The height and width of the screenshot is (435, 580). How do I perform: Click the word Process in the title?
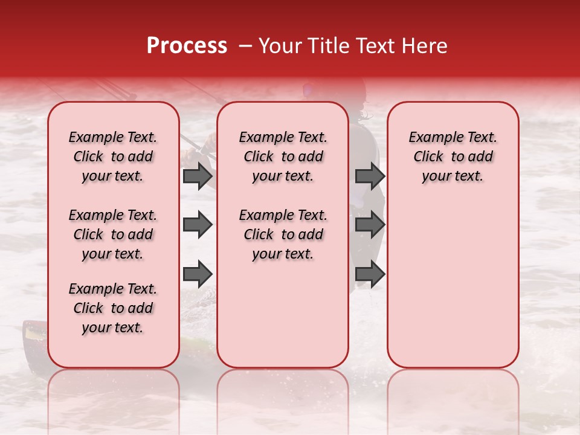click(x=186, y=46)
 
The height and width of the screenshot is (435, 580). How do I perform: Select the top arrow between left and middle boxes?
click(x=198, y=176)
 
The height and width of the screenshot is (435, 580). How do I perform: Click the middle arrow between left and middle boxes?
click(x=198, y=225)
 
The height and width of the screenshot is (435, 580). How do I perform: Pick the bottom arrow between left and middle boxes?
click(x=198, y=274)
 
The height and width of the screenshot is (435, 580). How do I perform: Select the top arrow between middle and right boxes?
click(x=370, y=176)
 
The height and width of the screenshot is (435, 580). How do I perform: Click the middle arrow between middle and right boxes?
click(x=370, y=225)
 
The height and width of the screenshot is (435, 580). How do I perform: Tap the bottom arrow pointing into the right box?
click(x=370, y=274)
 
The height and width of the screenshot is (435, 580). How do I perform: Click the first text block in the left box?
click(x=113, y=156)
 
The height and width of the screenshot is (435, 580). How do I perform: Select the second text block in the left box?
click(x=113, y=234)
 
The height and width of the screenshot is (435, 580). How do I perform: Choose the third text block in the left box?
click(x=113, y=308)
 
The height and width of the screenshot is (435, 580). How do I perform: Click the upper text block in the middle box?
click(x=283, y=156)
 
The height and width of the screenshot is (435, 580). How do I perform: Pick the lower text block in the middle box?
click(x=283, y=234)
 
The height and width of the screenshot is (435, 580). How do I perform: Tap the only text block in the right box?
click(x=453, y=156)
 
